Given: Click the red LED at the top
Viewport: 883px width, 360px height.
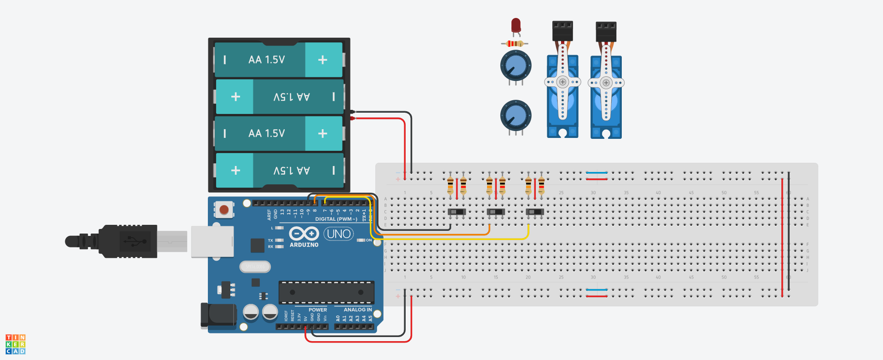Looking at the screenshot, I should click(516, 25).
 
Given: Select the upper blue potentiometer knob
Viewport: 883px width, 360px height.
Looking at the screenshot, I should click(516, 66).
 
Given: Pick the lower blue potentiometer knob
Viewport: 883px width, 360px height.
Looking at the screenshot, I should click(516, 115).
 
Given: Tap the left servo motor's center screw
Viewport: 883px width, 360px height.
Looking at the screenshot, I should click(562, 82).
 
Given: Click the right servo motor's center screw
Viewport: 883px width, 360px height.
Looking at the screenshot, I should click(606, 83).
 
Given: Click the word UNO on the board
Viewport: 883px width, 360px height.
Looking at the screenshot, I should click(339, 234).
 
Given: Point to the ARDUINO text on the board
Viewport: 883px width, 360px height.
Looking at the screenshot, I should click(304, 245).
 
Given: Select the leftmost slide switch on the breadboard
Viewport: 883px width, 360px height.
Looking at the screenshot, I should click(457, 212).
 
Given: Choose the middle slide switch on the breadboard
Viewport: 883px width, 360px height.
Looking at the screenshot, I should click(496, 212).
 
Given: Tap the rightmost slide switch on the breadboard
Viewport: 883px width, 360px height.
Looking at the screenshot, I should click(534, 212).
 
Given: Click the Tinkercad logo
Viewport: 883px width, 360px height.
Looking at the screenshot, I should click(15, 344).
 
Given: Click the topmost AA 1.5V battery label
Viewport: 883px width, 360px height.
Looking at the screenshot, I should click(267, 60).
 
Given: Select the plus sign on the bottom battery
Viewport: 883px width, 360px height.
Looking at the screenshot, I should click(235, 171).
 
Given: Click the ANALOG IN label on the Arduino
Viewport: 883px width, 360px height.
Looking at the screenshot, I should click(357, 310).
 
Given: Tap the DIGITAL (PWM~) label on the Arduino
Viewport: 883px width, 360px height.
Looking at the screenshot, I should click(336, 219).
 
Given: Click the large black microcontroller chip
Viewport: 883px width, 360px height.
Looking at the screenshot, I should click(326, 292).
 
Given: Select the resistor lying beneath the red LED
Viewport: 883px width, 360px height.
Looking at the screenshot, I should click(515, 44).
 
